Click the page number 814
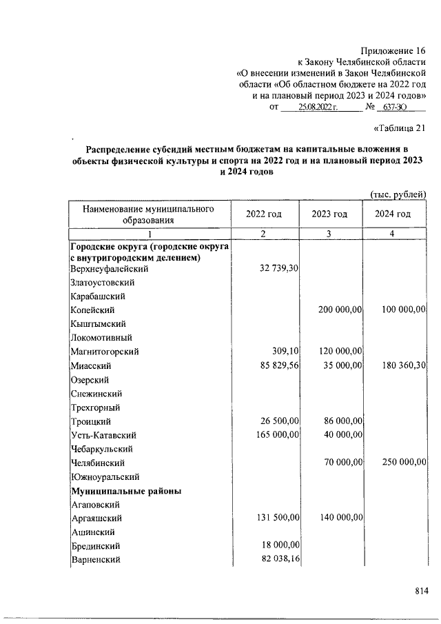[421, 590]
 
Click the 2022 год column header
[264, 214]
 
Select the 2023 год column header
[329, 214]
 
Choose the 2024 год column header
[393, 214]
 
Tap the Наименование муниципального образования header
[148, 214]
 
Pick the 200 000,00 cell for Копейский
[340, 310]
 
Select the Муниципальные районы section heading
[126, 491]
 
